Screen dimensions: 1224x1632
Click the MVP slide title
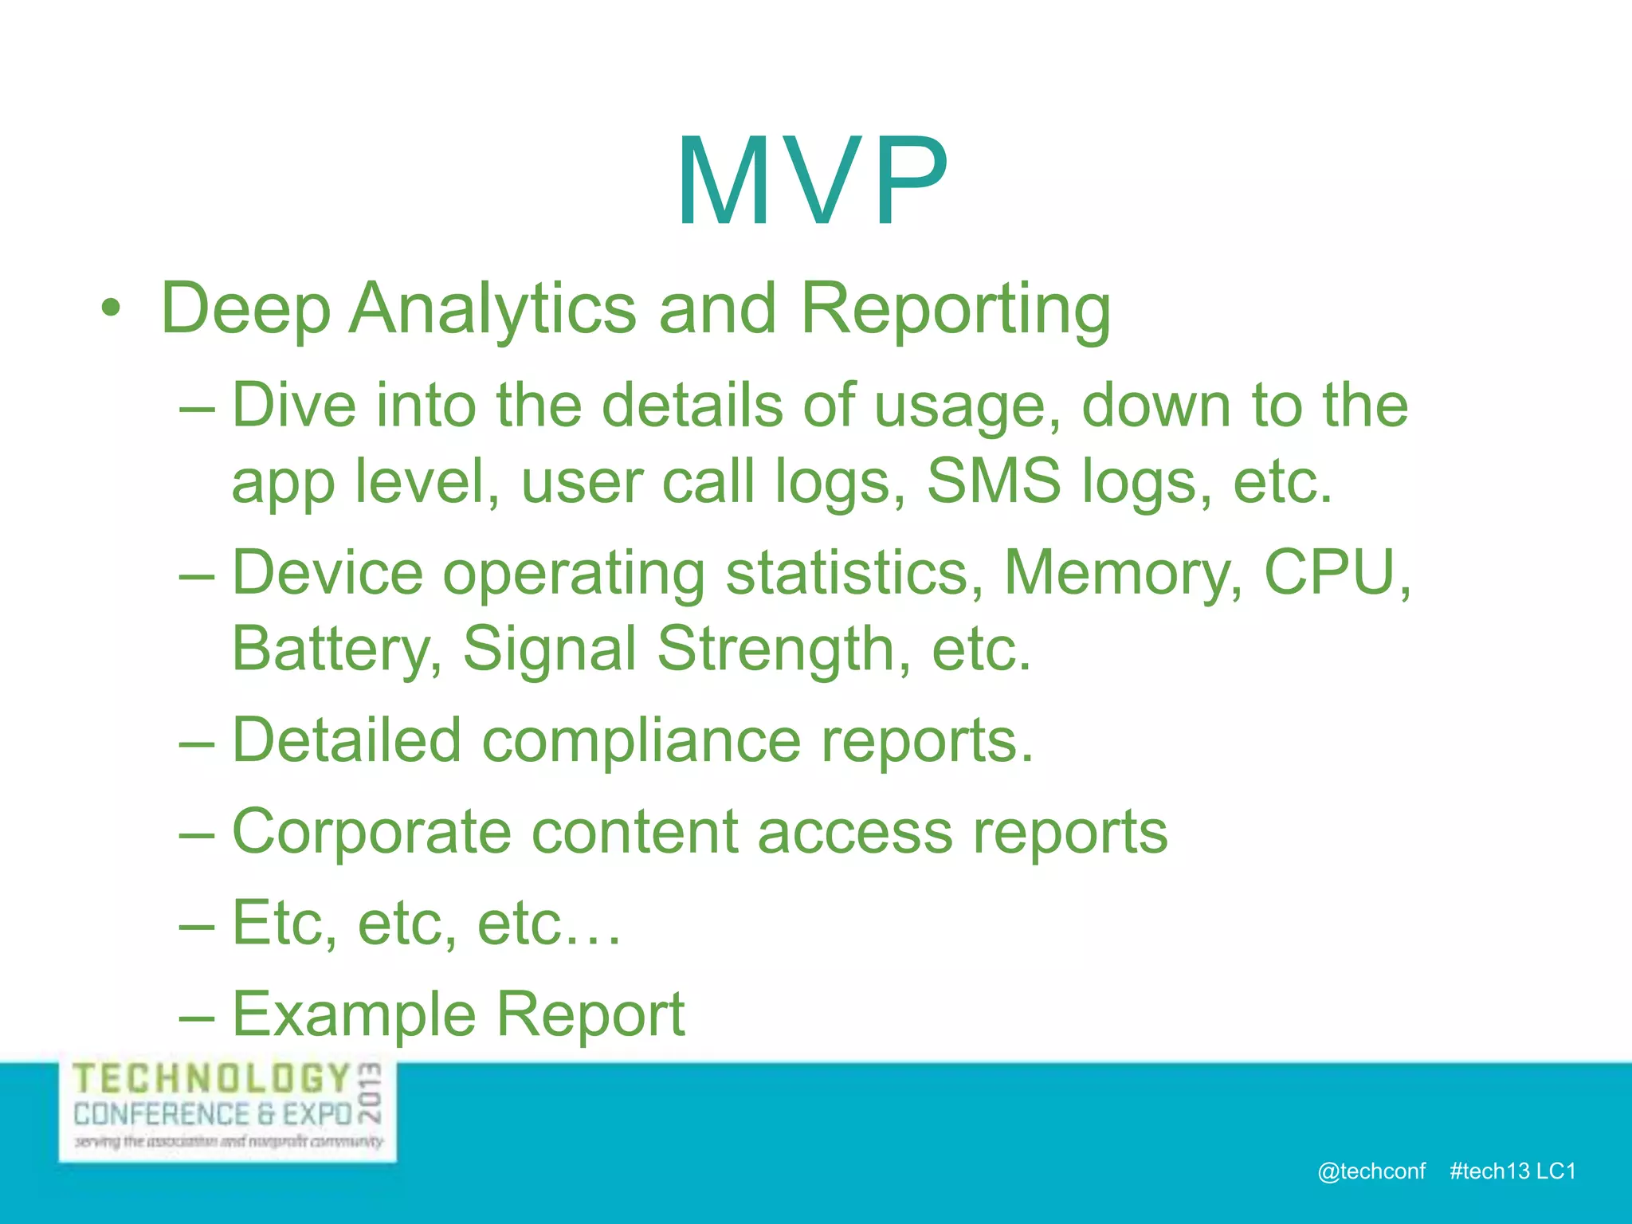pyautogui.click(x=813, y=182)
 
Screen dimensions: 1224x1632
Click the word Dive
pyautogui.click(x=293, y=405)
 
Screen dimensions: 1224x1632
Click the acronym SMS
pyautogui.click(x=994, y=481)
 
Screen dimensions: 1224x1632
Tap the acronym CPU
pyautogui.click(x=1328, y=572)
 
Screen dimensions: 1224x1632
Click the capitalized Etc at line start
pyautogui.click(x=284, y=924)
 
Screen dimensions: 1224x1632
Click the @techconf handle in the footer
pyautogui.click(x=1371, y=1171)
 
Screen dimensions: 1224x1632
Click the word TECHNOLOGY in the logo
pyautogui.click(x=212, y=1080)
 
